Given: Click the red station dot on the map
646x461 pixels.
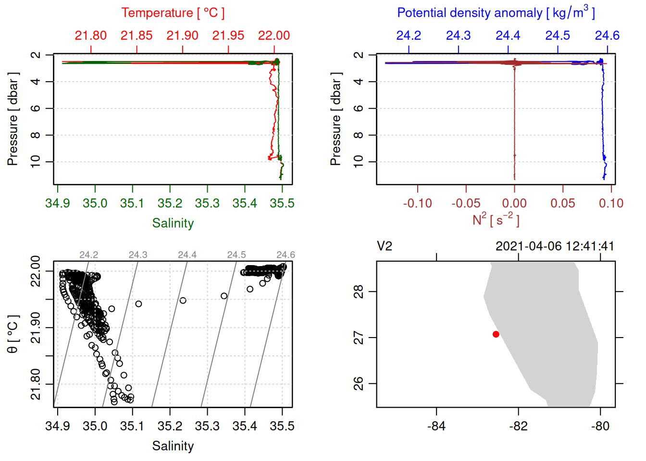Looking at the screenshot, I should coord(496,334).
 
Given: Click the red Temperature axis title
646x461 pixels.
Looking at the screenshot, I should coord(173,13).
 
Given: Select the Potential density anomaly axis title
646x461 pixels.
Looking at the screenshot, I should coord(496,13).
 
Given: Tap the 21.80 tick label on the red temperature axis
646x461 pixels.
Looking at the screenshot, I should coord(90,36).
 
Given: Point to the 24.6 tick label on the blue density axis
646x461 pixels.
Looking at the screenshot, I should coord(607,36).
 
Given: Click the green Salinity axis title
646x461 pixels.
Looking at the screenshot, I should coord(173,223).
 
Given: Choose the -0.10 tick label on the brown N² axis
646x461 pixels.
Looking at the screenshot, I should coord(417,204).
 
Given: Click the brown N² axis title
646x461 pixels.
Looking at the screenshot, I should coord(496,220).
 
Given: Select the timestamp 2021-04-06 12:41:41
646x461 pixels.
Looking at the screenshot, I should coord(555,246).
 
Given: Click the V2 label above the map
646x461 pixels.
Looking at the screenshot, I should coord(385,246).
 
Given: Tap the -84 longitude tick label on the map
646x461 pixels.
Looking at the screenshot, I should coord(436,426).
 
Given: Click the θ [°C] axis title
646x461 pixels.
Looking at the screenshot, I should coord(13,334).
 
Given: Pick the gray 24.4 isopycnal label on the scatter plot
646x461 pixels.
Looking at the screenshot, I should coord(187,255).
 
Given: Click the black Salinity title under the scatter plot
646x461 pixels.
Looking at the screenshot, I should coord(173,446).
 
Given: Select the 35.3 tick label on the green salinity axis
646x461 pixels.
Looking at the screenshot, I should coord(207,204).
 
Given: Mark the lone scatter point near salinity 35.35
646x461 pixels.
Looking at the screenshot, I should coord(224,296).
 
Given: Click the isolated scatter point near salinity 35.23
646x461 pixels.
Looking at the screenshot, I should coord(183,301).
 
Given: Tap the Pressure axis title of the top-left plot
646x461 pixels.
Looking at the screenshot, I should coord(13,119).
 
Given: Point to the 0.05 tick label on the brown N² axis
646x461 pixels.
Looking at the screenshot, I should coord(563,204).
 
